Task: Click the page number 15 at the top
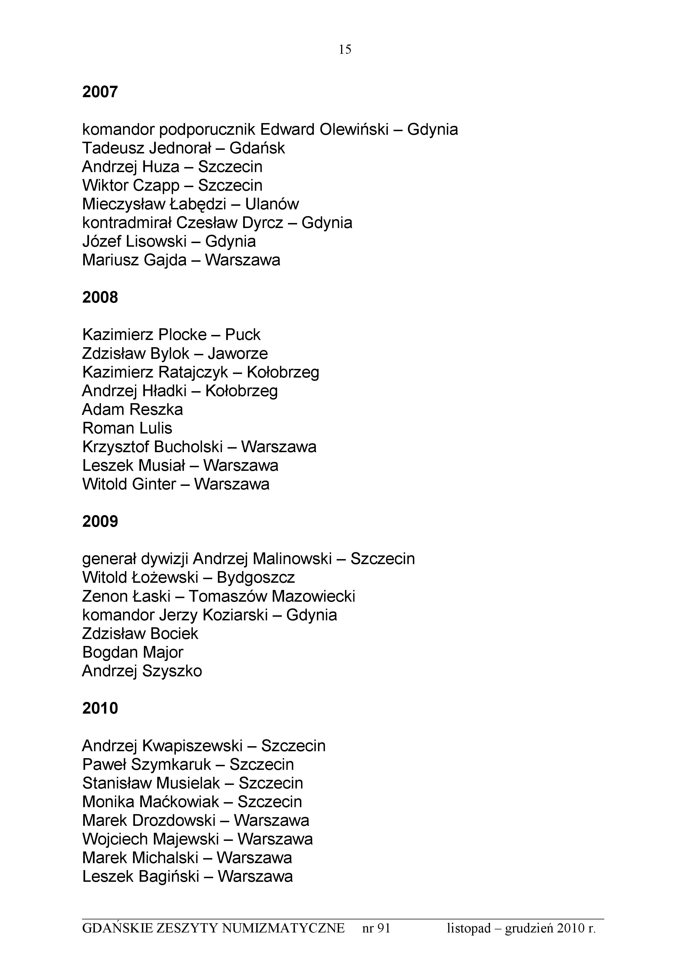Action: coord(345,50)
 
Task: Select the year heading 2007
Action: coord(100,92)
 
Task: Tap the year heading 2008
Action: coord(100,297)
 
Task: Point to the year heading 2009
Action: coord(100,521)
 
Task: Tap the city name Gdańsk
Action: coord(257,148)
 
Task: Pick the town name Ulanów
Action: coord(272,204)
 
